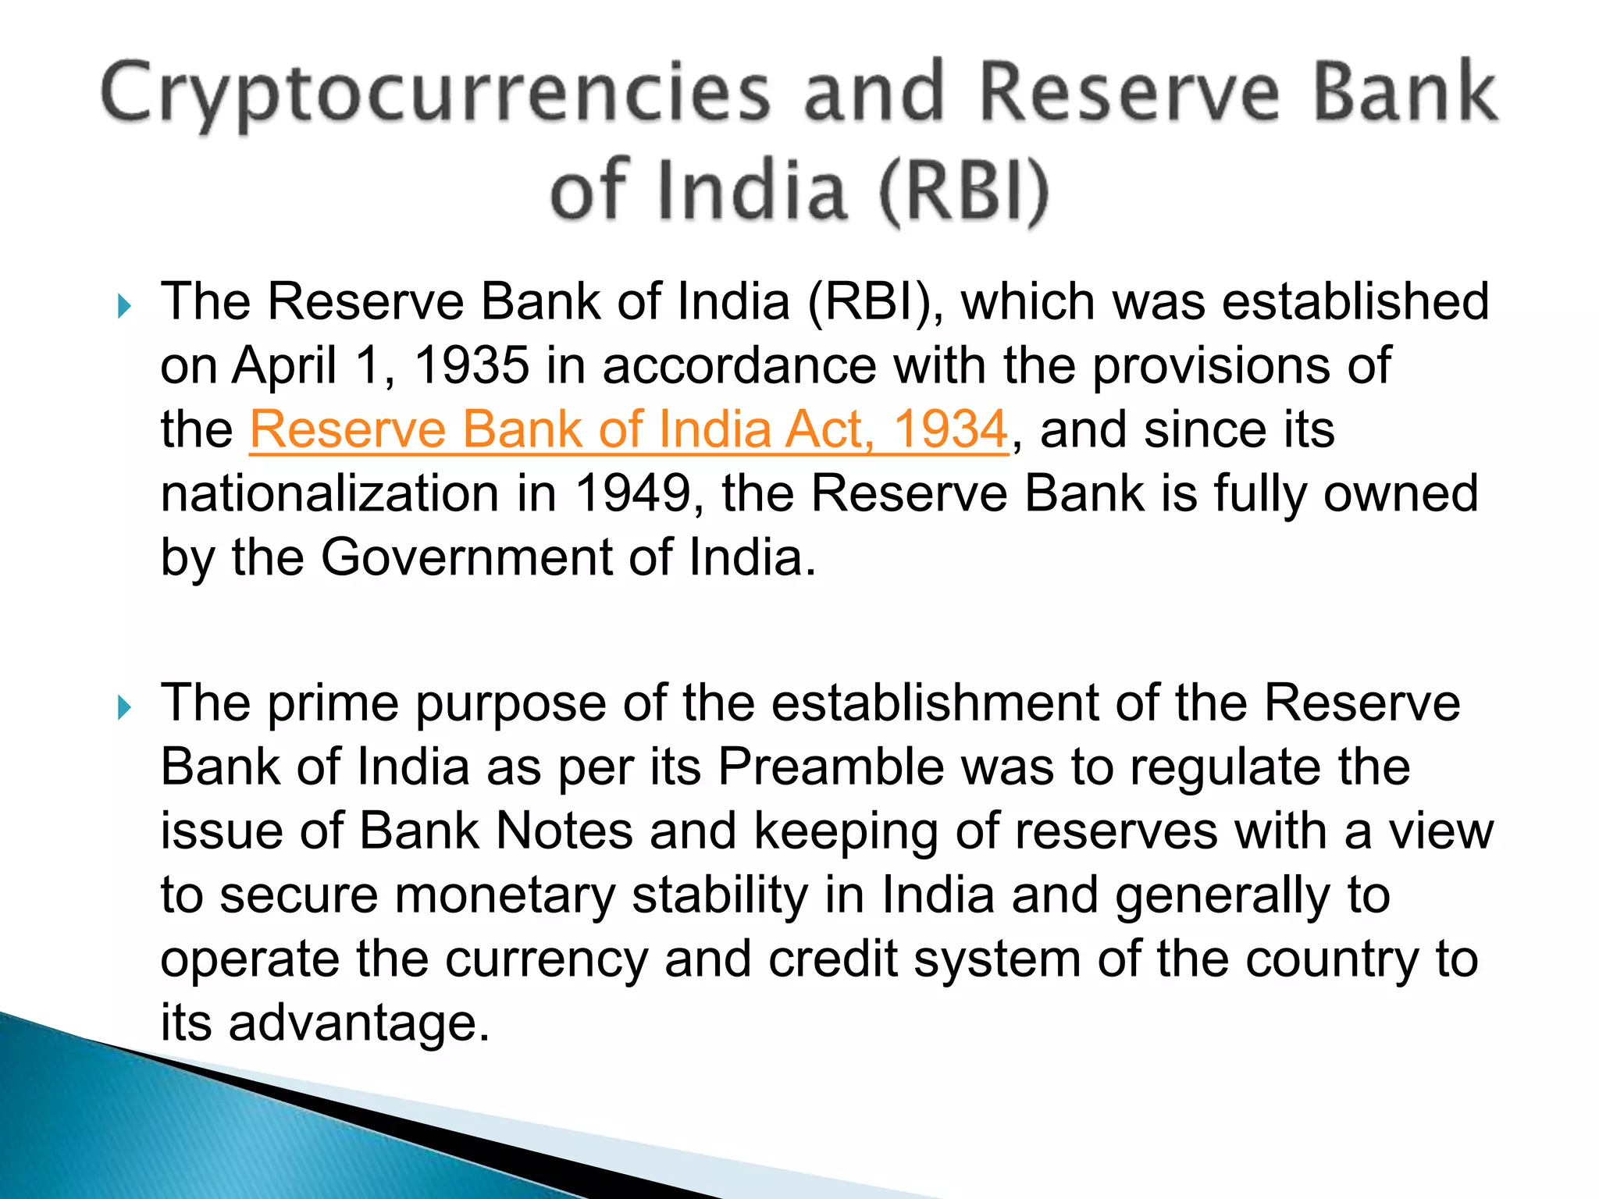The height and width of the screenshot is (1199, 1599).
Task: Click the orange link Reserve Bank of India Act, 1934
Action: [629, 429]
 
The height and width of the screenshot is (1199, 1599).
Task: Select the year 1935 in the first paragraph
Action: [471, 365]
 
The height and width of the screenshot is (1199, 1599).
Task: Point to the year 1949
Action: [632, 493]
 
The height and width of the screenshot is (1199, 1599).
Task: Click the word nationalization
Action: [329, 493]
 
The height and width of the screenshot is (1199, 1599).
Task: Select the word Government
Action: [466, 557]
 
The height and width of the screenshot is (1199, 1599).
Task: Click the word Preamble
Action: [830, 767]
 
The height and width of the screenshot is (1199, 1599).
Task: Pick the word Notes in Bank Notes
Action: [564, 831]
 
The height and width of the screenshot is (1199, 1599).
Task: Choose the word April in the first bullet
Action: [284, 365]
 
